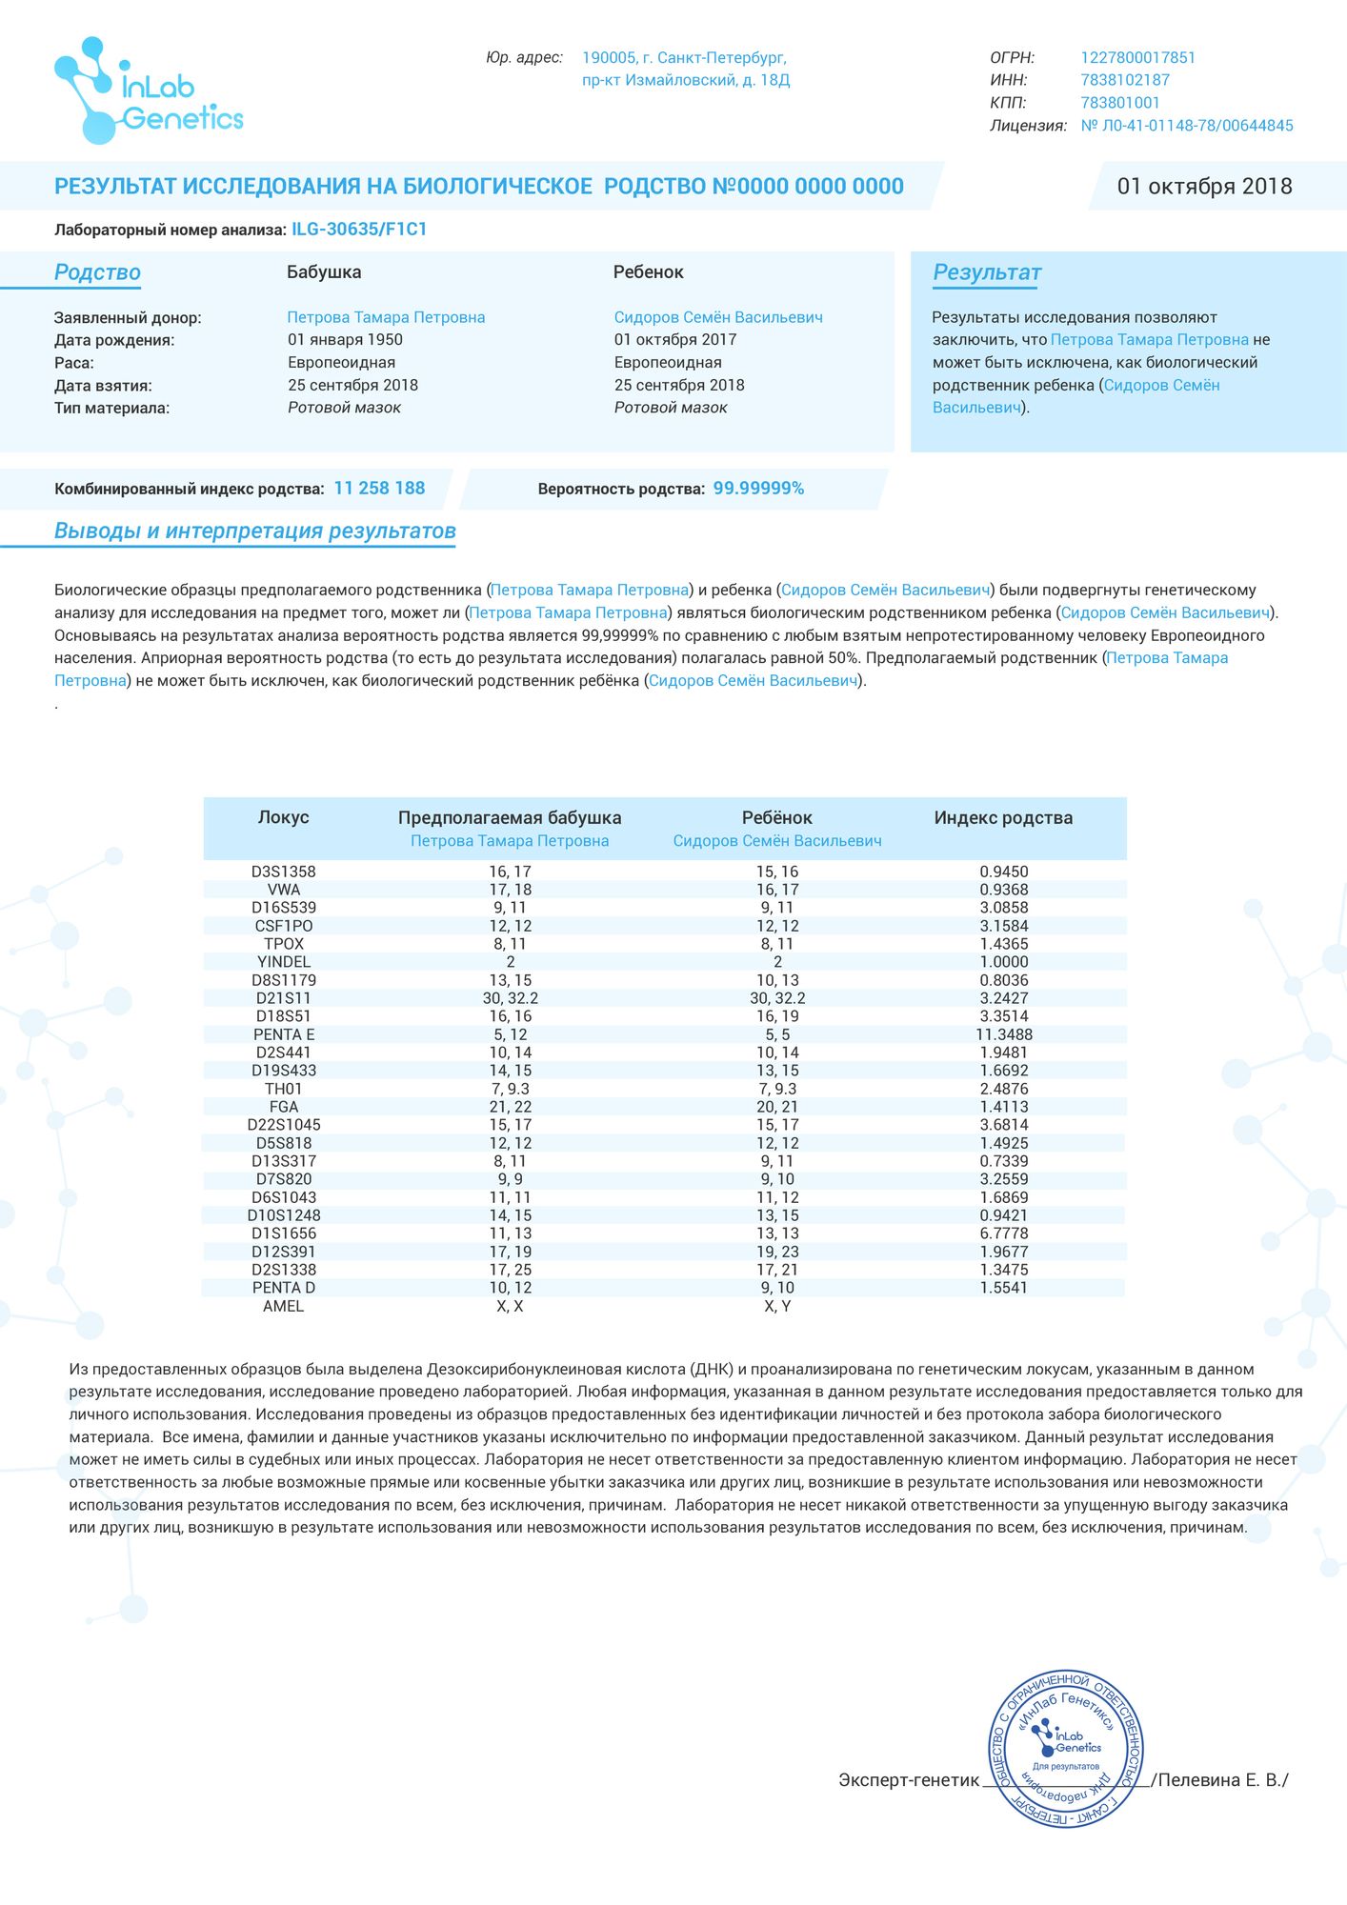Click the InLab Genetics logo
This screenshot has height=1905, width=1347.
click(x=149, y=91)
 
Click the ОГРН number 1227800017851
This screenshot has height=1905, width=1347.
click(x=1137, y=58)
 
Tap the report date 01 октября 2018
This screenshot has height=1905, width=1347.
click(x=1204, y=187)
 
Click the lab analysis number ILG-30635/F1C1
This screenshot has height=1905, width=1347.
click(x=359, y=230)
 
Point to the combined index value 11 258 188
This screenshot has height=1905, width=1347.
click(x=379, y=489)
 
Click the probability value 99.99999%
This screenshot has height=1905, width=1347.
click(x=758, y=489)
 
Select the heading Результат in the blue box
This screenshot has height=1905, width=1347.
click(x=987, y=273)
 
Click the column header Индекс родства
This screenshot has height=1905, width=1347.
click(x=1003, y=818)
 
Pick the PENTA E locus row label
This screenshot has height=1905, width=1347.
click(x=284, y=1034)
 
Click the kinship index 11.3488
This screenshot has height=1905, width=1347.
click(x=1004, y=1034)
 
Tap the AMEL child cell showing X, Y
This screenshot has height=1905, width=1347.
click(x=777, y=1306)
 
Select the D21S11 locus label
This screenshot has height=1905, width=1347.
click(x=284, y=998)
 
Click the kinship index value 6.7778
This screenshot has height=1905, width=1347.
click(x=1004, y=1233)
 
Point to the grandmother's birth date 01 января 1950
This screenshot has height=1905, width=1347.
click(x=345, y=340)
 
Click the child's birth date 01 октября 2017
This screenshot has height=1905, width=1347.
click(x=674, y=340)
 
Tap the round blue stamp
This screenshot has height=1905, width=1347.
click(x=1066, y=1750)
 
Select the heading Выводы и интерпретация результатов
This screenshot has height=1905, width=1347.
click(x=255, y=531)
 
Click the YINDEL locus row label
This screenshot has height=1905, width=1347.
click(x=284, y=962)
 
